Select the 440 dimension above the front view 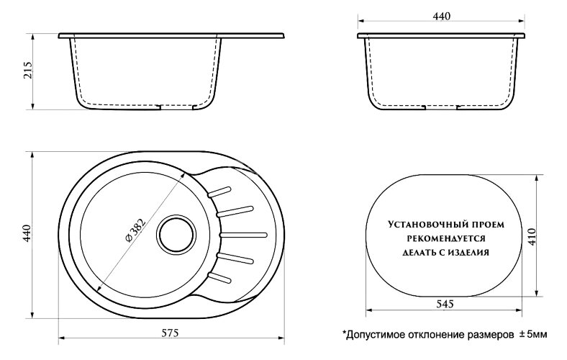(442, 17)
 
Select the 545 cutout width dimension (443, 305)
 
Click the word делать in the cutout (412, 252)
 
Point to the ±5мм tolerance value (532, 336)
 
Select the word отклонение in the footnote (437, 336)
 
